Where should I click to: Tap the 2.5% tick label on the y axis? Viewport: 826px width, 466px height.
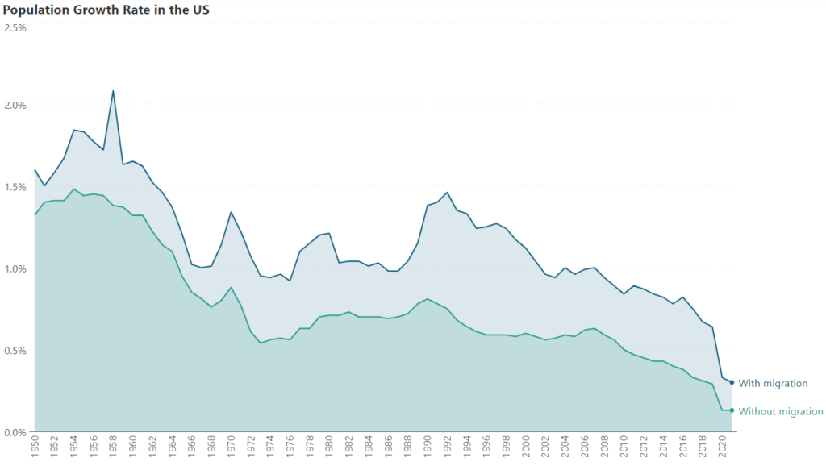pos(15,27)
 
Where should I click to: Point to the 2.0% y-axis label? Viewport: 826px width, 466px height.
pos(15,105)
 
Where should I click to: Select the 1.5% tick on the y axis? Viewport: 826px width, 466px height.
pos(15,187)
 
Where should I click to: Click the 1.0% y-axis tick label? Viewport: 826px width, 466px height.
pos(15,268)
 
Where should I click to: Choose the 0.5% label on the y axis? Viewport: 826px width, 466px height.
pos(15,351)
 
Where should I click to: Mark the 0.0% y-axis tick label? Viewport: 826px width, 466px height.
pos(15,432)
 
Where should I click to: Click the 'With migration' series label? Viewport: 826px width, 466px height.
pos(773,383)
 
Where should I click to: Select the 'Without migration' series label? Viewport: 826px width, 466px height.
pos(781,411)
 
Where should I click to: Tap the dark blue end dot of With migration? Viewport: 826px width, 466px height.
pos(732,382)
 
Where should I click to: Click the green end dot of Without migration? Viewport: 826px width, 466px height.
pos(732,410)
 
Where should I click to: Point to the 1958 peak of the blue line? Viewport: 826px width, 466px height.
pos(113,90)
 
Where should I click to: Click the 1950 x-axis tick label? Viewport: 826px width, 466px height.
pos(35,447)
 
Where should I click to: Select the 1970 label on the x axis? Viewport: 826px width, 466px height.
pos(232,447)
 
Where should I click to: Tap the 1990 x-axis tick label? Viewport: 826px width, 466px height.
pos(428,447)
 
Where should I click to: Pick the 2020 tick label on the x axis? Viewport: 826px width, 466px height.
pos(722,447)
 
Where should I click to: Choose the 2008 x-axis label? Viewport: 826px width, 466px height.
pos(604,447)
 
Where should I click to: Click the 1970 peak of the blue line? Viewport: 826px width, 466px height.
pos(231,212)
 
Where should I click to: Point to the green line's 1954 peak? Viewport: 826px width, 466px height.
pos(74,189)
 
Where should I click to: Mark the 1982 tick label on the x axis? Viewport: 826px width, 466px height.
pos(349,447)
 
